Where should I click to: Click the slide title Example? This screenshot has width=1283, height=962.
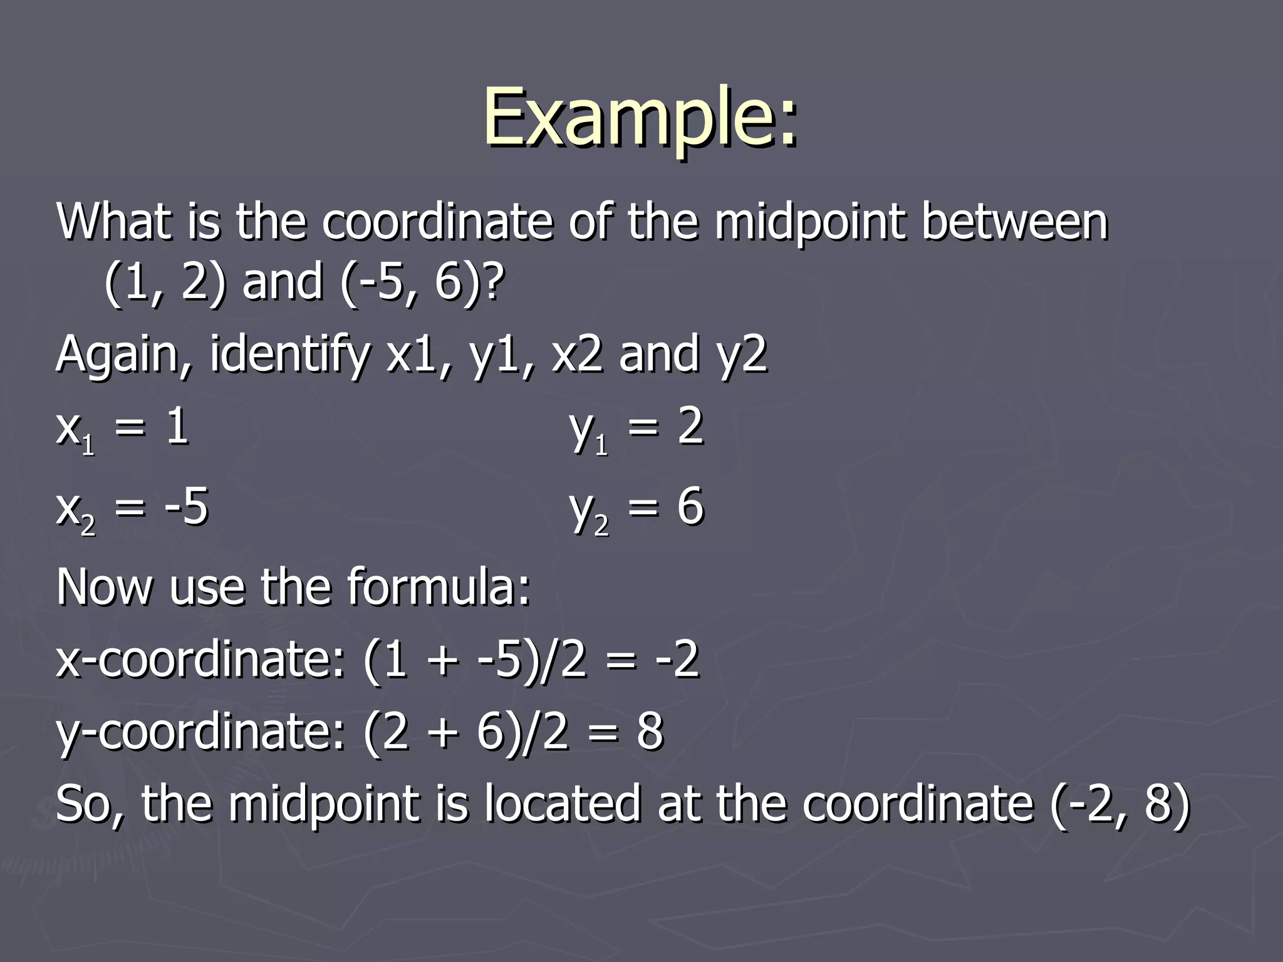tap(640, 119)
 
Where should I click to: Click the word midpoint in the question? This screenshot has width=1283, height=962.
tap(809, 223)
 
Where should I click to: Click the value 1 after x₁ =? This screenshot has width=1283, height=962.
tap(177, 427)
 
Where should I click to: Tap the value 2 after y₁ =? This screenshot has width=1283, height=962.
tap(690, 427)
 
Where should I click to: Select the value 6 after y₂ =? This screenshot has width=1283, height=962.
tap(690, 507)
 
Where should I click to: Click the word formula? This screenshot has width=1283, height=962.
tap(439, 587)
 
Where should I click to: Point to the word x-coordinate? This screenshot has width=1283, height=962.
tap(200, 660)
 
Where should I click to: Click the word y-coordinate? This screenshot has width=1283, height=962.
tap(200, 732)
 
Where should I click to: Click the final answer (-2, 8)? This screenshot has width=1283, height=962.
tap(1120, 804)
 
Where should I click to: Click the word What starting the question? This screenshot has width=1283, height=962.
tap(113, 222)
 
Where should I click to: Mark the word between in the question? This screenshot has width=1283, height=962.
tap(1014, 222)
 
